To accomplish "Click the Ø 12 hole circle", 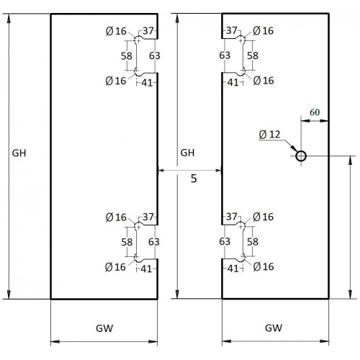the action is (x=301, y=152).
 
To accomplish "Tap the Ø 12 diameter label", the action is (x=270, y=135).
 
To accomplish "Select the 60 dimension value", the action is (x=315, y=112).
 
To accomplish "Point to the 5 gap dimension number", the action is (x=194, y=179).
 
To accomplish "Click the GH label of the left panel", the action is (x=19, y=153).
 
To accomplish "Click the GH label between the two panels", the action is (x=187, y=153).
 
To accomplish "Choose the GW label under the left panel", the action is (x=104, y=328).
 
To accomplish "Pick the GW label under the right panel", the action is (x=274, y=328).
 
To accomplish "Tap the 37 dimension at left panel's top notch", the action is (x=148, y=31).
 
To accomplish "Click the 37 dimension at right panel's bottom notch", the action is (x=232, y=217).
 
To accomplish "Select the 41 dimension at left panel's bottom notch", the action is (x=146, y=269).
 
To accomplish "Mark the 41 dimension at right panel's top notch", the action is (x=233, y=83).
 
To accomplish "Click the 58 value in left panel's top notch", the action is (x=127, y=56).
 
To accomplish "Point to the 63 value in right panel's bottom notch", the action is (x=225, y=241).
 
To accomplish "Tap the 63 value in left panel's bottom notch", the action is (x=154, y=242).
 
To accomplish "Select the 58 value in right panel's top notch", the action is (x=253, y=55).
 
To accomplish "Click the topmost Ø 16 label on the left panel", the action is (x=116, y=31).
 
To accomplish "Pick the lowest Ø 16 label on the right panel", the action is (x=264, y=266).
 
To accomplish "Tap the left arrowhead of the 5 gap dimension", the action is (x=161, y=171).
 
